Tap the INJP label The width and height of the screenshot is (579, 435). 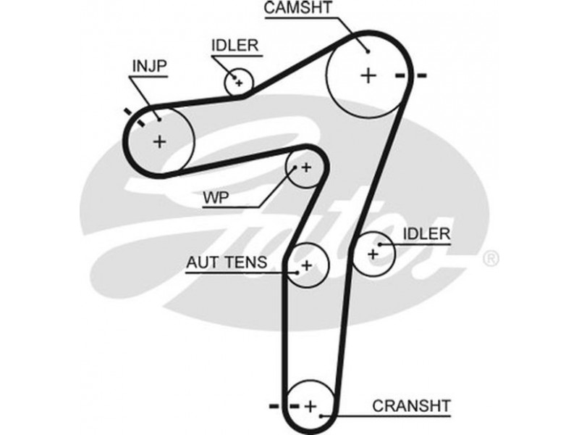(x=149, y=67)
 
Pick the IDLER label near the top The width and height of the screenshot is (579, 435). (x=234, y=45)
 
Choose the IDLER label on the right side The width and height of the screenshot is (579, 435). (x=426, y=233)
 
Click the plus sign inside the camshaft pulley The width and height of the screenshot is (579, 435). (x=369, y=75)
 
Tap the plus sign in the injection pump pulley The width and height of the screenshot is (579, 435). (x=159, y=141)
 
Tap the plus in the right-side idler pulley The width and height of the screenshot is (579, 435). (x=373, y=254)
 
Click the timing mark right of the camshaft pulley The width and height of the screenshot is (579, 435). (x=412, y=75)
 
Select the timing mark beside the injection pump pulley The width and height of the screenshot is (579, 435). (x=135, y=116)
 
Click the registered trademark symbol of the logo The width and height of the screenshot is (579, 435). (x=490, y=258)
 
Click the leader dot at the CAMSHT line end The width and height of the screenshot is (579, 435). (x=368, y=49)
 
